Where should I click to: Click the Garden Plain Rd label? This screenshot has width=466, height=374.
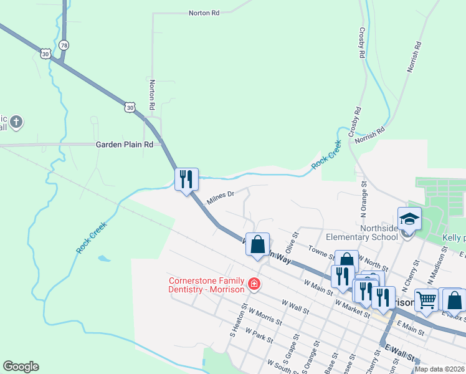[124, 145]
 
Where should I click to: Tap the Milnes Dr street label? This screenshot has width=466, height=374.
[221, 195]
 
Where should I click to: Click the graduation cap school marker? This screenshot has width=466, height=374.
[409, 219]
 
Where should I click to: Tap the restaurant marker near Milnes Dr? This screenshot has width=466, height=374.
[186, 180]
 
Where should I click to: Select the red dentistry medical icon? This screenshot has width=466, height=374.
[254, 284]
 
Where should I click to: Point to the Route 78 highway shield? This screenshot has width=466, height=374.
[64, 46]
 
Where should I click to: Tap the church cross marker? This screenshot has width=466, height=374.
[17, 122]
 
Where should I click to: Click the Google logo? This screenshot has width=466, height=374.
[21, 367]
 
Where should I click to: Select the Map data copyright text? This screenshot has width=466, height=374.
[439, 369]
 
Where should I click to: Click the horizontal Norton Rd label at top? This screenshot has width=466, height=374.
[204, 12]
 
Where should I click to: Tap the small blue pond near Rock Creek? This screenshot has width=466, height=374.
[104, 258]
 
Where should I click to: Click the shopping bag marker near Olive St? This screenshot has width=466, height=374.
[257, 244]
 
